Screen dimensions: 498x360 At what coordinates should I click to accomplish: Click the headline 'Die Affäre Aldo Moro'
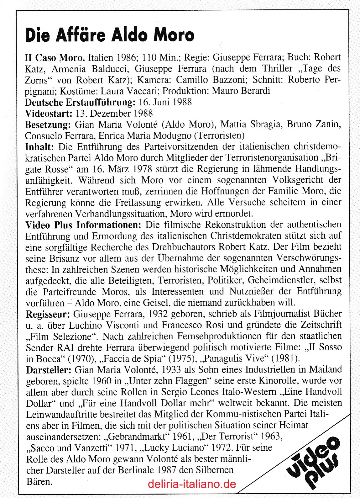pyautogui.click(x=109, y=34)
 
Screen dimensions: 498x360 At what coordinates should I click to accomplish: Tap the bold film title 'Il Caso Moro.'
pyautogui.click(x=55, y=58)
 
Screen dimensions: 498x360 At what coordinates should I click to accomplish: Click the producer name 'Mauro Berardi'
pyautogui.click(x=241, y=91)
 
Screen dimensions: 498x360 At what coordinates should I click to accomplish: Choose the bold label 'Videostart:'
pyautogui.click(x=49, y=113)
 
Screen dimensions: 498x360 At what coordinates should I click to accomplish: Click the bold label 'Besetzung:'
pyautogui.click(x=48, y=124)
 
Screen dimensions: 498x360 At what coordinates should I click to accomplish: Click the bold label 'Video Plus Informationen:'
pyautogui.click(x=83, y=225)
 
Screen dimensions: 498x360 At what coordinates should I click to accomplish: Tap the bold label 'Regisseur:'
pyautogui.click(x=48, y=314)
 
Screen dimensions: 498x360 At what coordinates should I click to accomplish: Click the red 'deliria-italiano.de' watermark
pyautogui.click(x=192, y=484)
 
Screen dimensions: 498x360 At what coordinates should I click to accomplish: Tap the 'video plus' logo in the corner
pyautogui.click(x=313, y=461)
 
